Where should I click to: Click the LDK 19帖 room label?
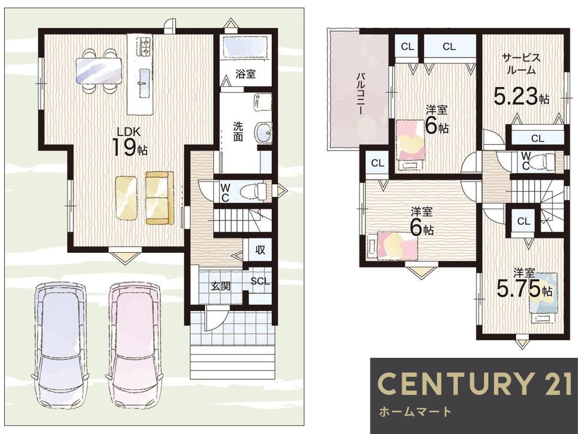point(129,142)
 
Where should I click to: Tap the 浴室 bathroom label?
point(246,74)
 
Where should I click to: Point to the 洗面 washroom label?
point(238,132)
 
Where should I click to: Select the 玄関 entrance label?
point(220,286)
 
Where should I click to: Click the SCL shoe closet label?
point(260,282)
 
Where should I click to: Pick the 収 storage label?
point(260,249)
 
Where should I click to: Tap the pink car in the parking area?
point(134,345)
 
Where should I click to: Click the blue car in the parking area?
point(60,345)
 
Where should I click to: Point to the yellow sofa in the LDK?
point(160,198)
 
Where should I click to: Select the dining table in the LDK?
point(98,71)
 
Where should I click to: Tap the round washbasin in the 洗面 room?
point(263,132)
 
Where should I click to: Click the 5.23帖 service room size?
point(521,97)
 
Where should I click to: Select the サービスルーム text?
point(521,63)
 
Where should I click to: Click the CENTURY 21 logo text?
point(475,383)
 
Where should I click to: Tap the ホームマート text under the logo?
point(415,411)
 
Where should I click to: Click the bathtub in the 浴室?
point(246,47)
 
